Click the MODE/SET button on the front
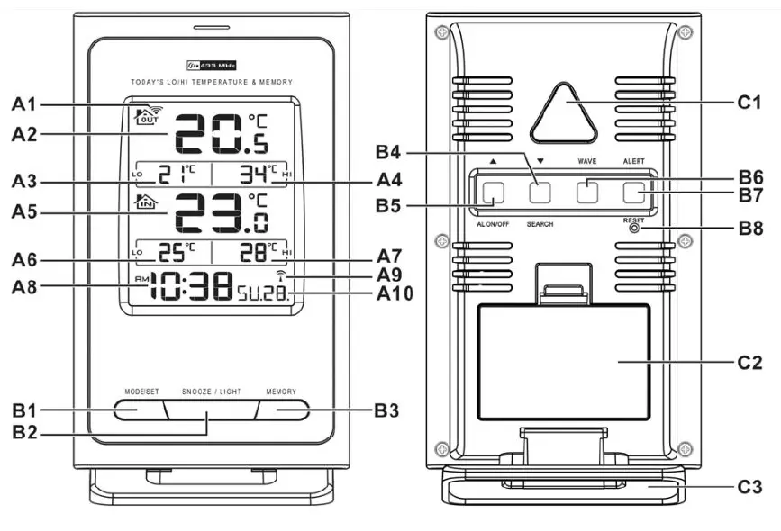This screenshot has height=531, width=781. (x=137, y=409)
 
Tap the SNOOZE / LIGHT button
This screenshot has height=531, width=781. (x=208, y=410)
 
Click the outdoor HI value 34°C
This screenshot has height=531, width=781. (x=259, y=173)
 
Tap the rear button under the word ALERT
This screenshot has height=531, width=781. (x=634, y=191)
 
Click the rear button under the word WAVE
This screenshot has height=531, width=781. (x=587, y=191)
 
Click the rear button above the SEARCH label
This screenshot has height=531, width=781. (x=540, y=192)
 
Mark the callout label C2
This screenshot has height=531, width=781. (x=749, y=363)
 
